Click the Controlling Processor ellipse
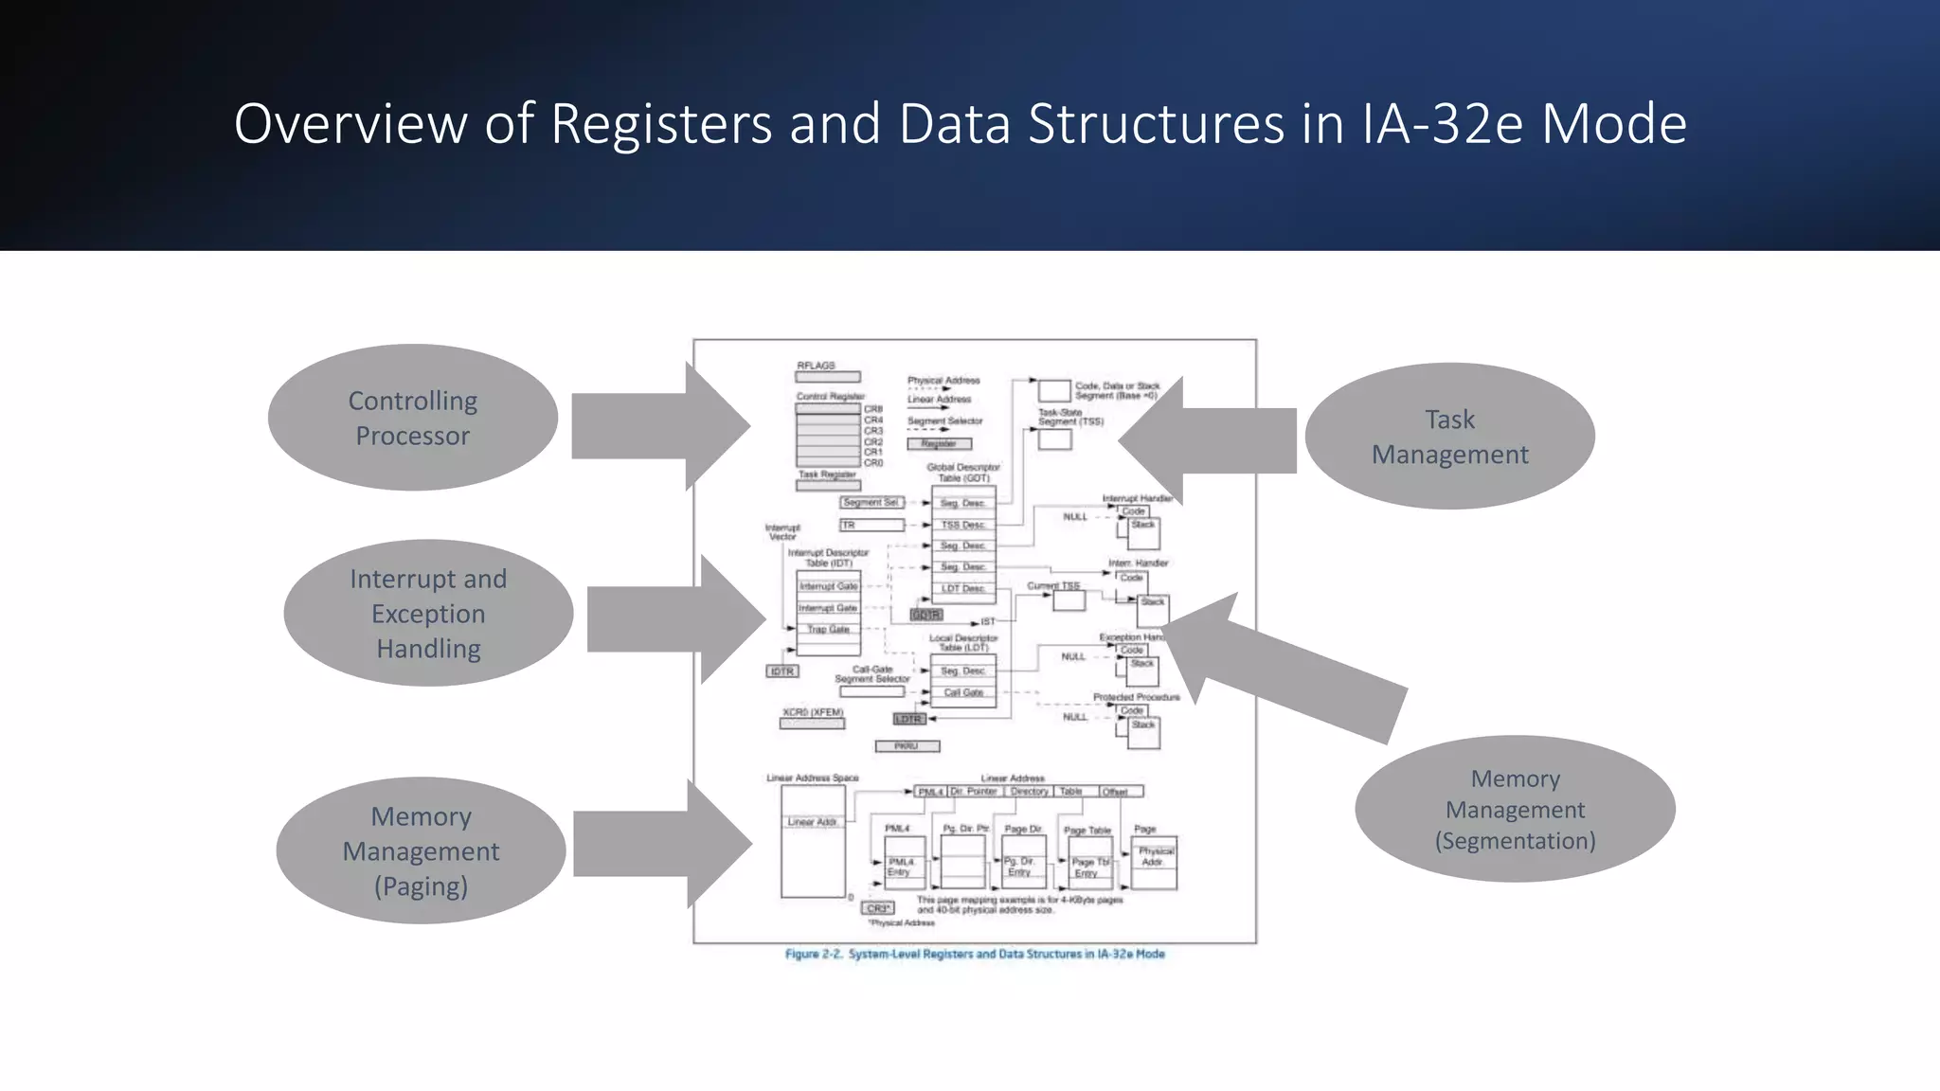tap(412, 418)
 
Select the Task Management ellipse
tap(1449, 437)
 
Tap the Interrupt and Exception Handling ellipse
tap(428, 614)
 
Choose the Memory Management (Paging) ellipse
tap(421, 850)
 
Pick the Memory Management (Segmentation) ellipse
tap(1515, 810)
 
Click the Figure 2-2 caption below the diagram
tap(975, 955)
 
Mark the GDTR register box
tap(925, 616)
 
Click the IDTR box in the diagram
tap(782, 671)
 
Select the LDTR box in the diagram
tap(908, 720)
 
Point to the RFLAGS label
tap(816, 366)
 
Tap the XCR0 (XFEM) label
tap(813, 712)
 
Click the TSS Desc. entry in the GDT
tap(963, 525)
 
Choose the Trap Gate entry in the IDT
tap(828, 630)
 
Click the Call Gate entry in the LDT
tap(963, 693)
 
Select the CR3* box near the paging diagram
tap(878, 908)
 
